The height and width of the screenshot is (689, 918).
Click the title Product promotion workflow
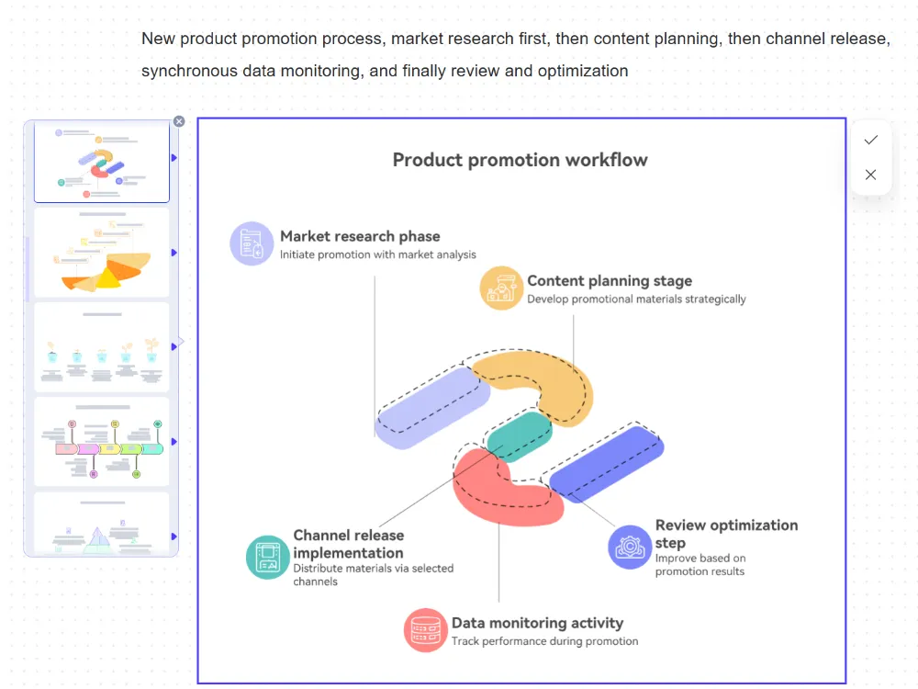520,160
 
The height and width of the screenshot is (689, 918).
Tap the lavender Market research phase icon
252,243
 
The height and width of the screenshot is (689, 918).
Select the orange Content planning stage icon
501,288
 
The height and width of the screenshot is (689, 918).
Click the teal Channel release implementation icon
268,557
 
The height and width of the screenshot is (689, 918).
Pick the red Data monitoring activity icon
425,630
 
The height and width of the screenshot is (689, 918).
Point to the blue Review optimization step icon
630,547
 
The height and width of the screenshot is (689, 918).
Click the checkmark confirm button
871,140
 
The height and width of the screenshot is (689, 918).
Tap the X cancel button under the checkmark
871,175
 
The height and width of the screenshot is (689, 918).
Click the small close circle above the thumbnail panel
179,121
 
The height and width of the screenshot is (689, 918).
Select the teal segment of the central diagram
520,435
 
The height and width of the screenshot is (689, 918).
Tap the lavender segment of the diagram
431,407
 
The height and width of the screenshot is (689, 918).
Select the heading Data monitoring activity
537,623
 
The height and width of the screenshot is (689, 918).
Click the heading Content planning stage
610,281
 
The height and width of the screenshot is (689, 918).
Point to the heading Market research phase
360,236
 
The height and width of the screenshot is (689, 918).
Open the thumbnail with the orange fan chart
102,252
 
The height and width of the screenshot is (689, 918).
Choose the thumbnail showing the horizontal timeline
102,442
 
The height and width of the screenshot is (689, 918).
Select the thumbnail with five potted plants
102,347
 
